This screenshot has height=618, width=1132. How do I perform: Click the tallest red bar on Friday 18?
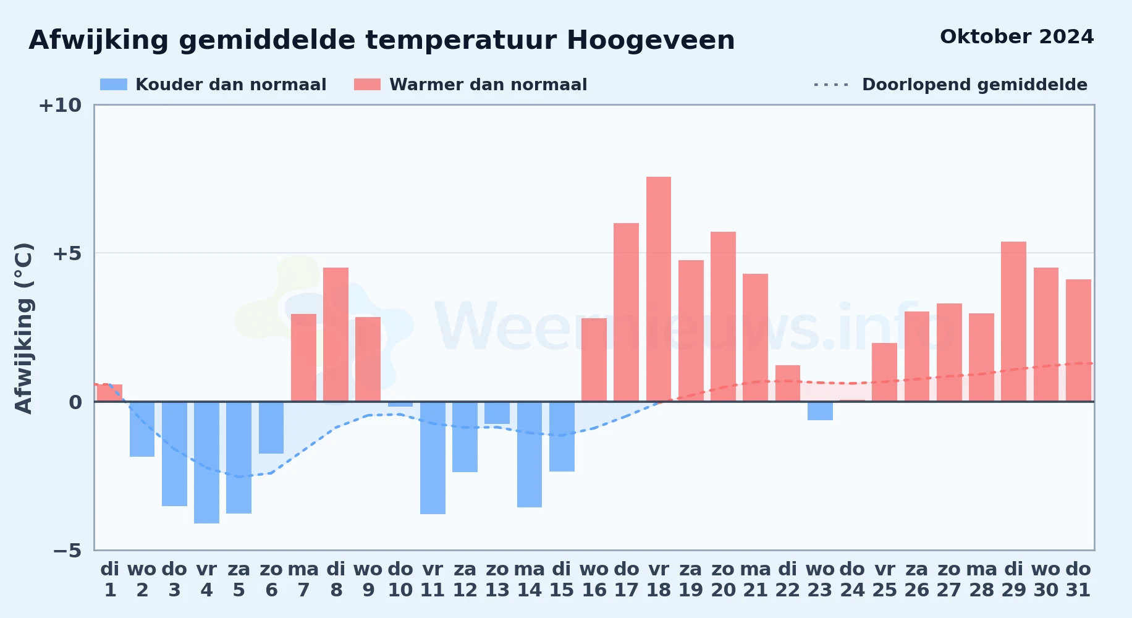tap(659, 289)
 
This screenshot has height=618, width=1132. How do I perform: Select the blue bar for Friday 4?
tap(206, 462)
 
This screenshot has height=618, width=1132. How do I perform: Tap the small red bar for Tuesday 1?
tap(110, 393)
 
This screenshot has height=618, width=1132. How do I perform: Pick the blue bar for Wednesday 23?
tap(820, 411)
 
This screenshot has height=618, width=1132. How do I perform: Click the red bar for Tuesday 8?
tap(336, 334)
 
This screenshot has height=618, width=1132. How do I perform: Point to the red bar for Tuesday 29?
tap(1013, 321)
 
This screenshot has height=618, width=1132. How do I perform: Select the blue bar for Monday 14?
tap(530, 454)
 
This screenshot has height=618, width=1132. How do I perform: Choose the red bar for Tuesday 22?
tap(788, 383)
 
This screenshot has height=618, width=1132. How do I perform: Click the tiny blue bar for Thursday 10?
tap(400, 404)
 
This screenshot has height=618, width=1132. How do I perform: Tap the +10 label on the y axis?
tap(60, 105)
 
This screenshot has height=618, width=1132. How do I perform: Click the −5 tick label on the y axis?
tap(67, 550)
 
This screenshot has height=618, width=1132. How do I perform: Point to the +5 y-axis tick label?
tap(67, 253)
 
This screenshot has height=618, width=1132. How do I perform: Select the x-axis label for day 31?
tap(1078, 580)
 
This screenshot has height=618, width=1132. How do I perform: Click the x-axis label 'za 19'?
tap(691, 580)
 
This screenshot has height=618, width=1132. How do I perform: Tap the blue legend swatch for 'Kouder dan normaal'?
tap(114, 85)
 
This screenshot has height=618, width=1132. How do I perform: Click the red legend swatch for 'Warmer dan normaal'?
tap(368, 85)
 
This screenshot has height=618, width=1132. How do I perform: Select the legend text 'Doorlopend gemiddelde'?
tap(974, 85)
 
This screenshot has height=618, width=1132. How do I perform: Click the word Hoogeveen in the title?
tap(651, 40)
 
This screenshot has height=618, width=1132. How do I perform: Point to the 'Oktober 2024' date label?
tap(1016, 37)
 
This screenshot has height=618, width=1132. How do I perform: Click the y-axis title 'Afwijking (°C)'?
tap(23, 328)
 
